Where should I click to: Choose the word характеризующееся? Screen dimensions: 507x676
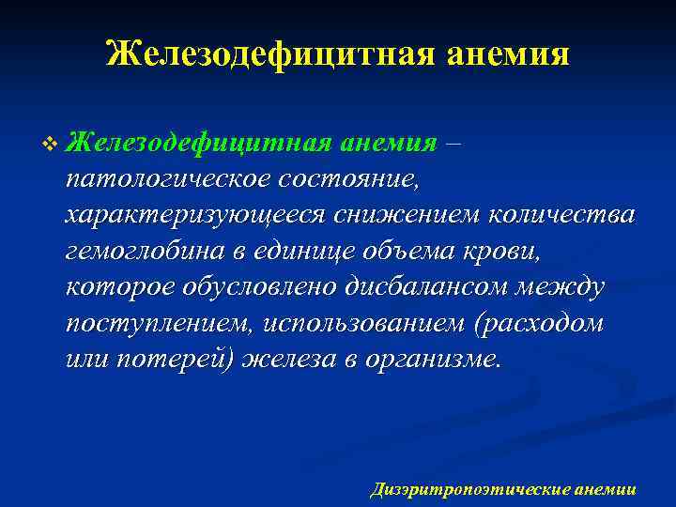click(x=193, y=214)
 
